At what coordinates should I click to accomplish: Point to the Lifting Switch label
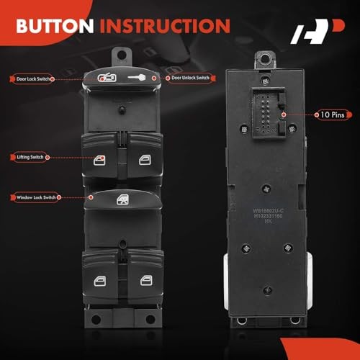pyautogui.click(x=30, y=156)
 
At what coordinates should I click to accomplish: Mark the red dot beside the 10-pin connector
pyautogui.click(x=284, y=114)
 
